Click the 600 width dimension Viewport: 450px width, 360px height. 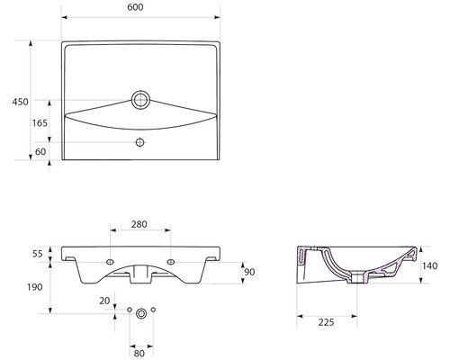[x=139, y=6]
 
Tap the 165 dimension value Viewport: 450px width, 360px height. [x=40, y=122]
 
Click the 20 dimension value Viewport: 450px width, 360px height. [x=104, y=301]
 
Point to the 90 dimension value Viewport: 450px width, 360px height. [x=250, y=272]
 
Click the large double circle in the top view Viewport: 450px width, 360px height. [x=140, y=98]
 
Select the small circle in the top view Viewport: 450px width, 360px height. [x=140, y=142]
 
